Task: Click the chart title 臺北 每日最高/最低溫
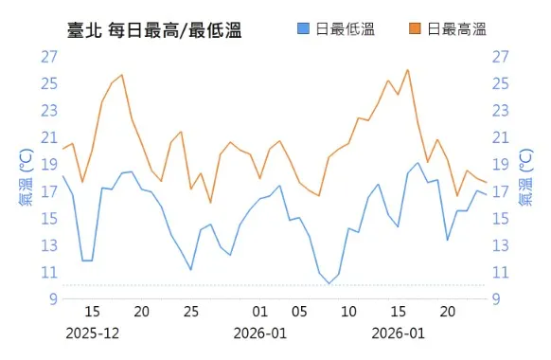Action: pos(155,30)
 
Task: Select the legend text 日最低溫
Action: pos(345,30)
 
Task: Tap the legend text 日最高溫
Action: pos(456,30)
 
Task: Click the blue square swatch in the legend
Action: pos(303,30)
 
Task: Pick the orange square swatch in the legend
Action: pos(416,30)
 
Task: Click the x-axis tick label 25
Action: pos(191,312)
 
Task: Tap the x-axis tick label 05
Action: pos(299,312)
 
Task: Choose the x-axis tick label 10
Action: pos(349,312)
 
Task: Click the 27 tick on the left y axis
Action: pos(49,56)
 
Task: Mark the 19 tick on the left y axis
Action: pos(49,164)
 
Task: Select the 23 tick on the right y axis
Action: pos(501,110)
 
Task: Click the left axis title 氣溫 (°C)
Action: pos(26,177)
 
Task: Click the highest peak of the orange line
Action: pos(407,69)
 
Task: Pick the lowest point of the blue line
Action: pos(329,283)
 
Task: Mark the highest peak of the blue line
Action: pos(418,163)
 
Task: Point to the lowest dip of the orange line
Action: pos(210,203)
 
